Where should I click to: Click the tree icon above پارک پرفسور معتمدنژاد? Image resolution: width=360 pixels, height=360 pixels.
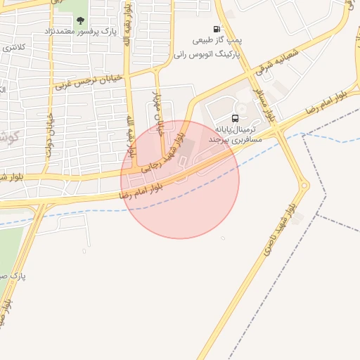(x=80, y=20)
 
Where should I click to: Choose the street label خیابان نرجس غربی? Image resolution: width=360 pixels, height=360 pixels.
(x=88, y=80)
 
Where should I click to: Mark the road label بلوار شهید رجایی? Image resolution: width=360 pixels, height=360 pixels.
(x=162, y=153)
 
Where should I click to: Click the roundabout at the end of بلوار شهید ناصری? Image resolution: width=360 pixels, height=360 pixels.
(x=304, y=186)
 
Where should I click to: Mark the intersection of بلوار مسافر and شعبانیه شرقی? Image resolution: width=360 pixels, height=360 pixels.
(x=251, y=73)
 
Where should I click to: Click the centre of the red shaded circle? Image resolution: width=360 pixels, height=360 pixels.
(x=180, y=180)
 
